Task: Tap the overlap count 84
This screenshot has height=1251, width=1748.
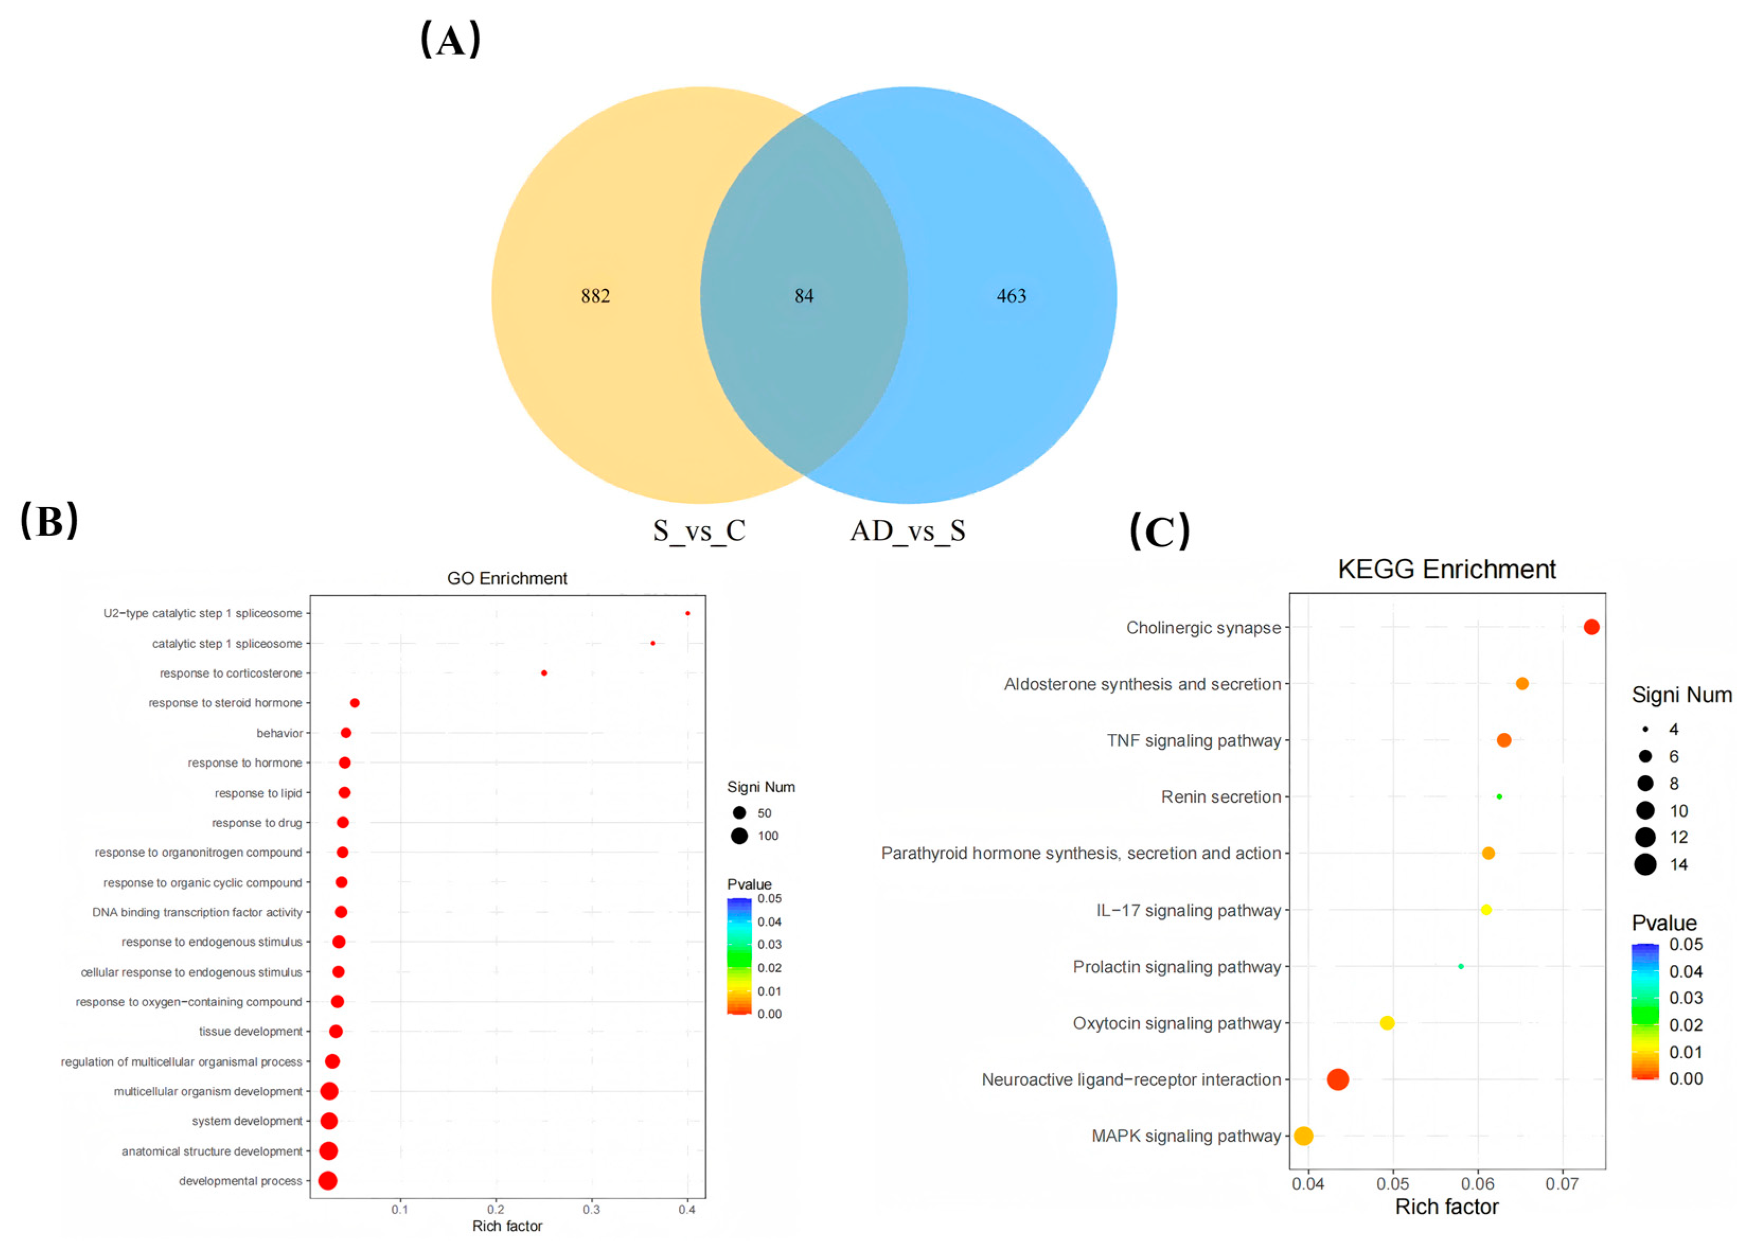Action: (x=803, y=296)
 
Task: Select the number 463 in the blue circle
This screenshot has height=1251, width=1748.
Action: (x=1011, y=296)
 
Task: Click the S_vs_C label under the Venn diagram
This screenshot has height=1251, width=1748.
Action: (x=699, y=531)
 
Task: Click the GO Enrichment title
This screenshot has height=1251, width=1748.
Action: (x=507, y=579)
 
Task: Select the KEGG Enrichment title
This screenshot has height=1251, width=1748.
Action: (x=1446, y=569)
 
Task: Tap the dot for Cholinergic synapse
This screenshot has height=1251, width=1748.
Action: (x=1591, y=627)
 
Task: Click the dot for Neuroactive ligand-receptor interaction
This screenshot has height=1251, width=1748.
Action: (x=1337, y=1079)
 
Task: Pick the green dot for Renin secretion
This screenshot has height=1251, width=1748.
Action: (x=1498, y=796)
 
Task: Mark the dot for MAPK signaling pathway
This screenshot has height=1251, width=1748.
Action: (x=1303, y=1135)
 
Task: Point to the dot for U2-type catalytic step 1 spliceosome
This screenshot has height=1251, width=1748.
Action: (x=687, y=613)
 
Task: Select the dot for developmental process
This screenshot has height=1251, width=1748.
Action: (x=327, y=1180)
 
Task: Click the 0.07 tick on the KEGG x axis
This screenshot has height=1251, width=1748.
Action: (x=1561, y=1184)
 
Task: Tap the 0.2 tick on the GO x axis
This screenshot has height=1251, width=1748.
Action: (x=495, y=1209)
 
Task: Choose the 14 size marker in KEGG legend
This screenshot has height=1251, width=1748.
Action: (x=1645, y=864)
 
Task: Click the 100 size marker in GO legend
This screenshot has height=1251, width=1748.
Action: (x=739, y=836)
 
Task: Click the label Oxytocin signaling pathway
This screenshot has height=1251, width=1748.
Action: (x=1176, y=1023)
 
